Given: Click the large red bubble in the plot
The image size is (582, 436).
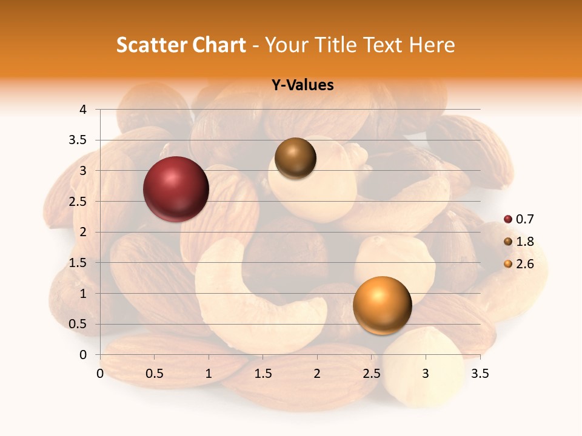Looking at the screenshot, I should [176, 189].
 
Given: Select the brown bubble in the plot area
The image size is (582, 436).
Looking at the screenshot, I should [295, 158].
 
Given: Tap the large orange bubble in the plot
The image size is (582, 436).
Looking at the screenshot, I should [382, 305].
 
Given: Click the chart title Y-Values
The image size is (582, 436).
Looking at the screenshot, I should [302, 85].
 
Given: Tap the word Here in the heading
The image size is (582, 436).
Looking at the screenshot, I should [432, 45].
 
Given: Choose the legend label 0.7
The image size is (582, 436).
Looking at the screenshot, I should [525, 219].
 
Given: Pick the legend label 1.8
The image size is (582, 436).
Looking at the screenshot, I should [525, 242].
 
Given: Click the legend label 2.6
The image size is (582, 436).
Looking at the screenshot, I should [525, 264].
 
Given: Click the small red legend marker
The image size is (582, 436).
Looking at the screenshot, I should [508, 219].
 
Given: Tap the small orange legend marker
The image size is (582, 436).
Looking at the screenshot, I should [508, 264].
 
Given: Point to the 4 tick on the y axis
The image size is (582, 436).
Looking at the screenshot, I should [83, 110].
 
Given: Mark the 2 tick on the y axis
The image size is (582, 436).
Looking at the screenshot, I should [83, 232].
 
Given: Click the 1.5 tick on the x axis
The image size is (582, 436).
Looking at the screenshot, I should [263, 374].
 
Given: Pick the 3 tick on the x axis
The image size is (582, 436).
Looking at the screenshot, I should [426, 374].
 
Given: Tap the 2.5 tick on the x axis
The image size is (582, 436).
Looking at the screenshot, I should [371, 374].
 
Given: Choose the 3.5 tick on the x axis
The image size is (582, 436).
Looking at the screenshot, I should [480, 374].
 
